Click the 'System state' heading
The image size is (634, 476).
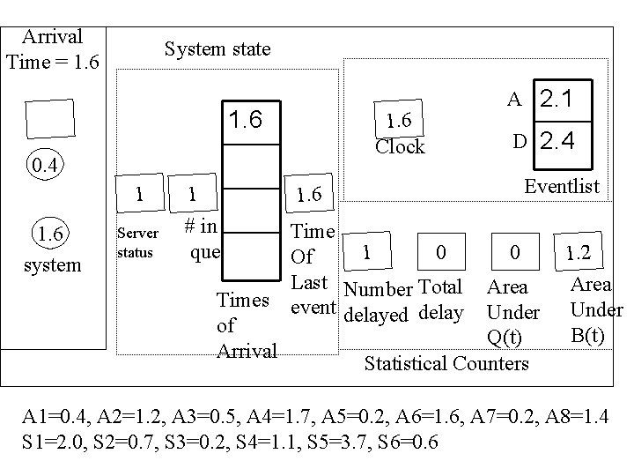[x=217, y=50]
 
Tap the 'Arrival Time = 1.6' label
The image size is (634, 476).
[x=53, y=49]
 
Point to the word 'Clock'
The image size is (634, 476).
[x=400, y=146]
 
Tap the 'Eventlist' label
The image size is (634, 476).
[x=561, y=186]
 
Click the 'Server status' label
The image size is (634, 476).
[x=138, y=243]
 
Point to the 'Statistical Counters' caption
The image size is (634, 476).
[x=446, y=363]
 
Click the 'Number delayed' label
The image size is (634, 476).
[x=378, y=301]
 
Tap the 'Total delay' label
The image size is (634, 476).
[x=441, y=300]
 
